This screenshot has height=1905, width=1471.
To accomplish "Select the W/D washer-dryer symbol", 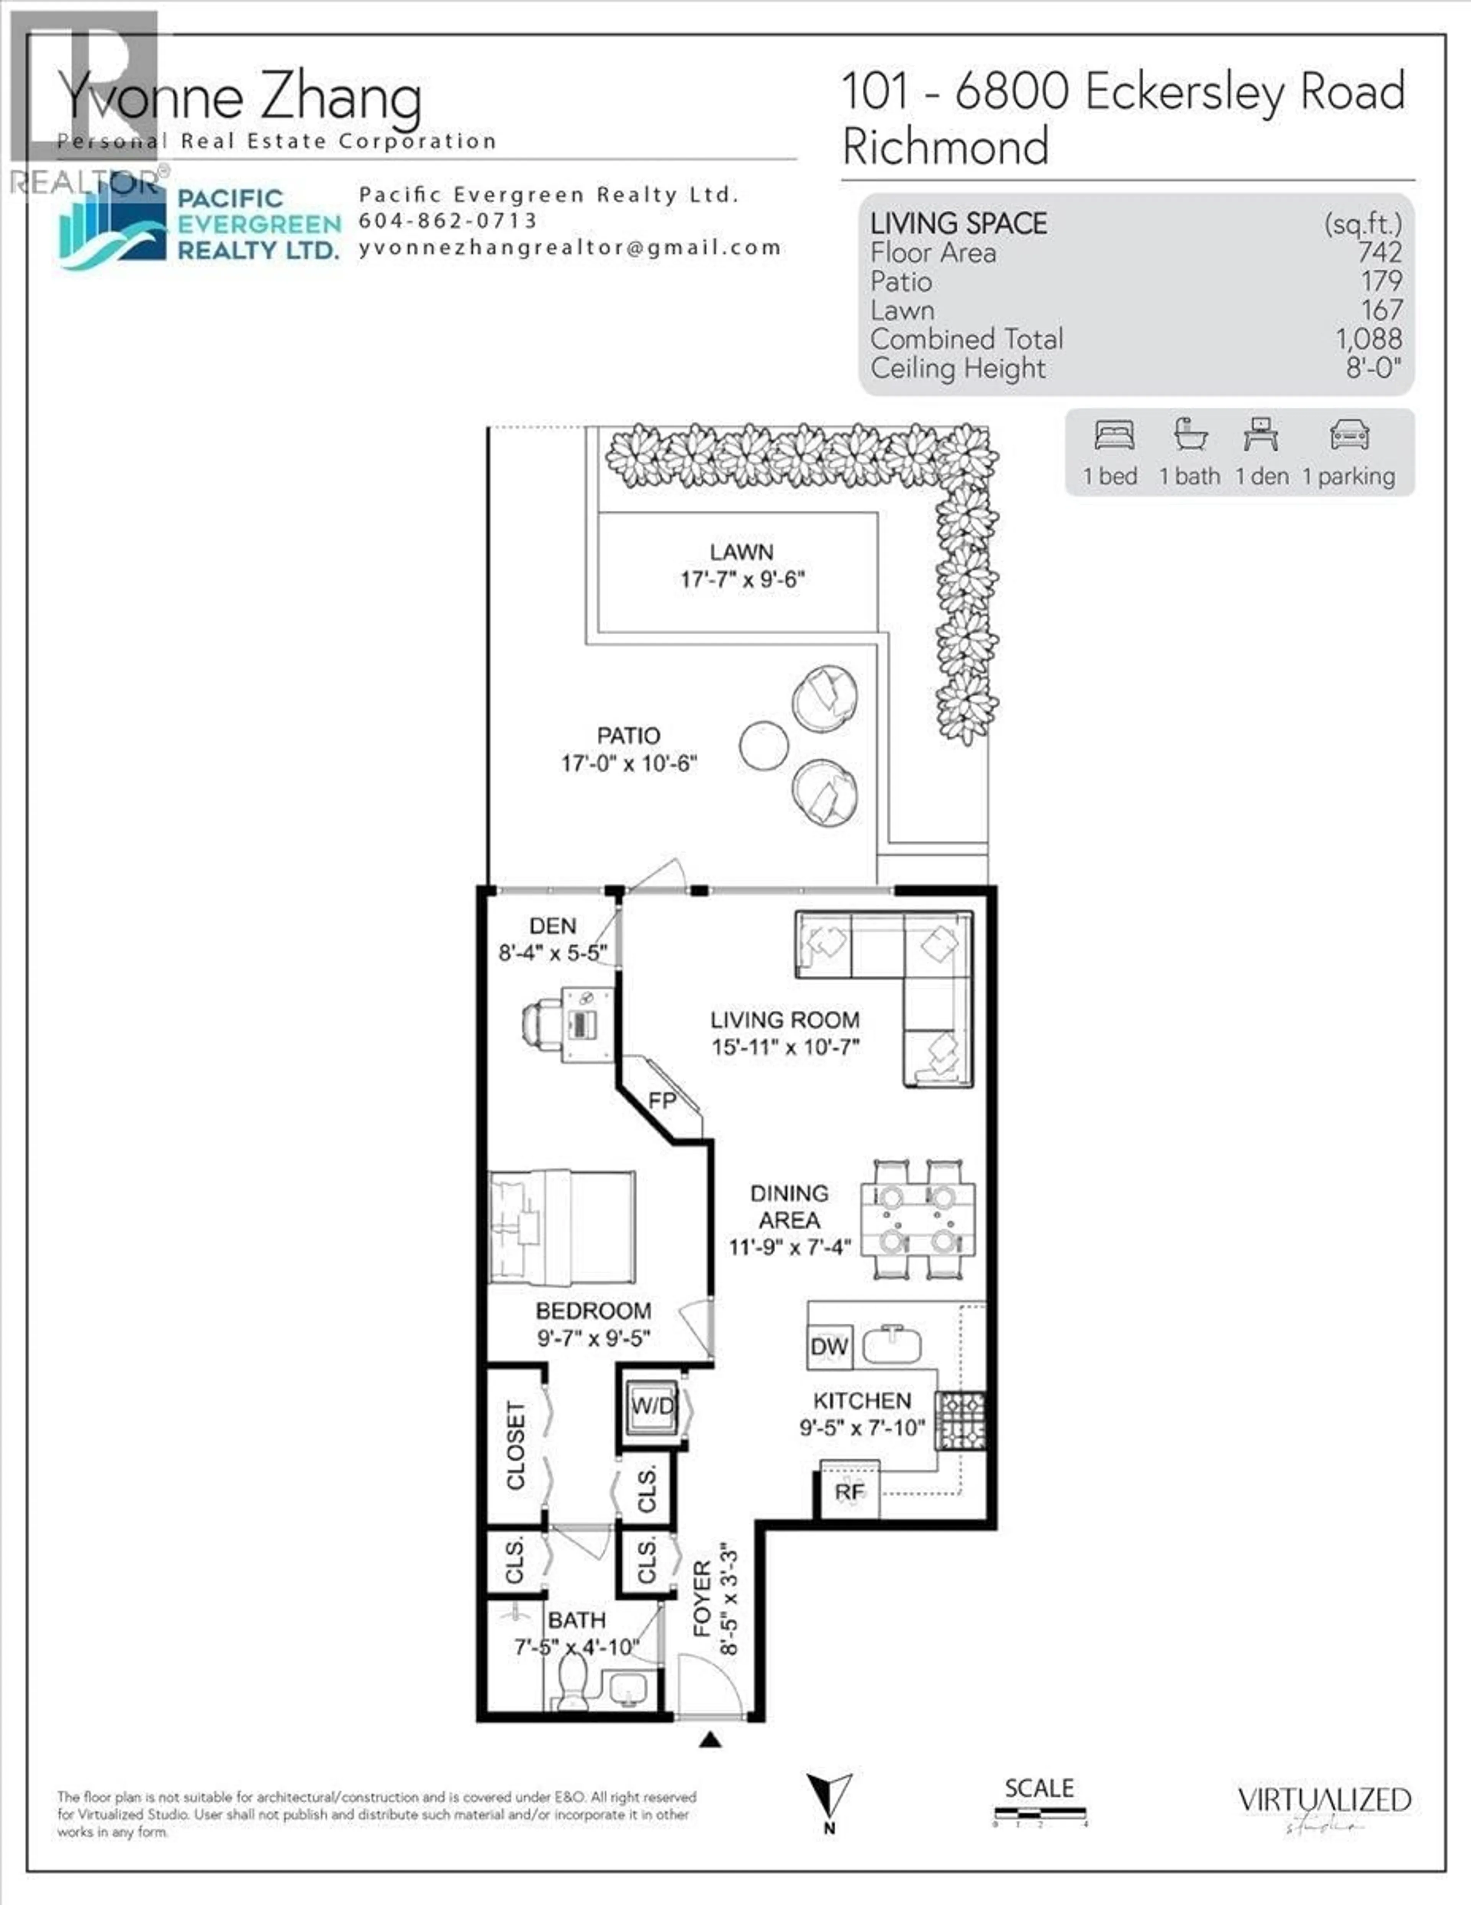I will coord(652,1406).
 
